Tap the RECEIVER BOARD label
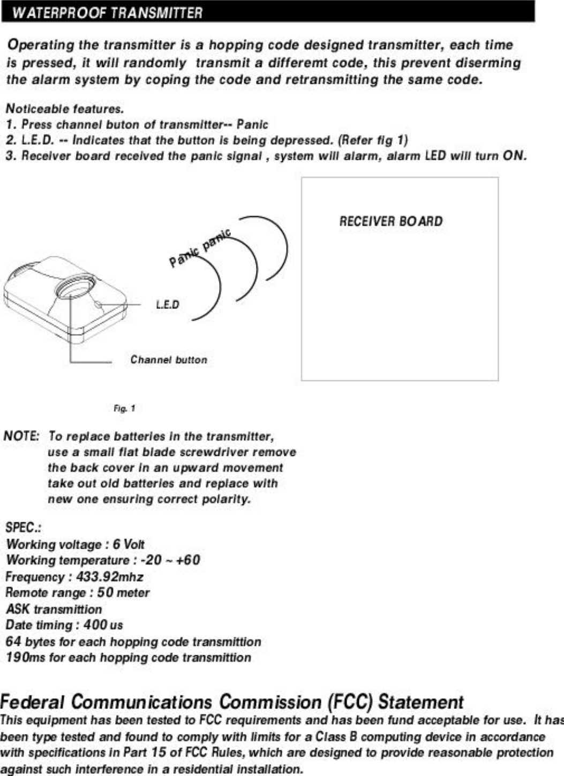click(390, 221)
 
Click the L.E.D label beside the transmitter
click(168, 305)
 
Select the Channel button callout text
click(169, 360)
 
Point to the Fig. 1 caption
click(124, 409)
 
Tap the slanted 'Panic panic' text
click(200, 248)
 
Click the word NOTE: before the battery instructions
click(21, 435)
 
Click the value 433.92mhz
click(109, 577)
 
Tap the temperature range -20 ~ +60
click(170, 560)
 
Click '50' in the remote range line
click(105, 593)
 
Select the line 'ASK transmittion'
click(54, 609)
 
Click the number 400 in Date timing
click(95, 625)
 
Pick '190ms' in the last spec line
click(25, 657)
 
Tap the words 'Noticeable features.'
click(65, 109)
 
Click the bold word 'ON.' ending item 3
click(514, 156)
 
